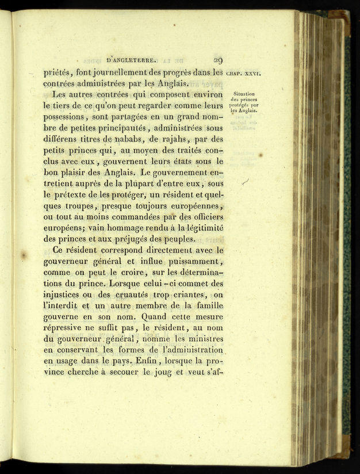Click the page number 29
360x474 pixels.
218,59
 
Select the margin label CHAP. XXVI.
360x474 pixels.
244,74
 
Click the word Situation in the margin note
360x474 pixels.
245,94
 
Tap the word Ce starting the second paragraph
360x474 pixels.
59,250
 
